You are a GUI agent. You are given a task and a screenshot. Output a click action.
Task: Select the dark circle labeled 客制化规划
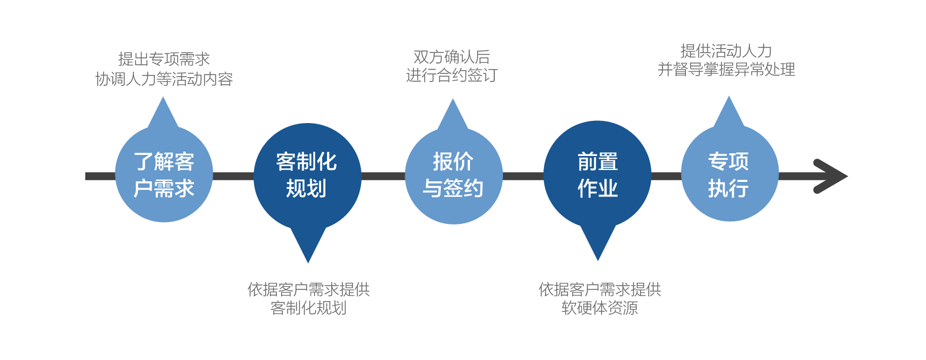[307, 175]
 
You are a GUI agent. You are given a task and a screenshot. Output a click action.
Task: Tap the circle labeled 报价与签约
[453, 175]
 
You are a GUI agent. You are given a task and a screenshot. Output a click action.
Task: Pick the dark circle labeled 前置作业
[597, 175]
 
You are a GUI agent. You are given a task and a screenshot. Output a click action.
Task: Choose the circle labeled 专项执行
[729, 175]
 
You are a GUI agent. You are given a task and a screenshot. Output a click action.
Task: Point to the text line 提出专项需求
[164, 59]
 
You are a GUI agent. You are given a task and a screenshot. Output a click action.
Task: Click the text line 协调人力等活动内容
[164, 79]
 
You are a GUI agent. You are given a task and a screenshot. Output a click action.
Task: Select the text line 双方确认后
[452, 57]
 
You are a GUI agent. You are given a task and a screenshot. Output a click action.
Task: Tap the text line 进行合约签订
[452, 76]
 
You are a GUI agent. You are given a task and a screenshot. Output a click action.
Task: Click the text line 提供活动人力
[726, 51]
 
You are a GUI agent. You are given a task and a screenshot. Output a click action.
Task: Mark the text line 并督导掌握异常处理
[726, 70]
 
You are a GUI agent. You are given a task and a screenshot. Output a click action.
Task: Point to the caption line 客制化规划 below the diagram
[308, 308]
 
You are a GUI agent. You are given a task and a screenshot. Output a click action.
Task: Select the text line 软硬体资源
[600, 308]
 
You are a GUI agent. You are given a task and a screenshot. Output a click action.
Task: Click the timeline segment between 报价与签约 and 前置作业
[523, 176]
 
